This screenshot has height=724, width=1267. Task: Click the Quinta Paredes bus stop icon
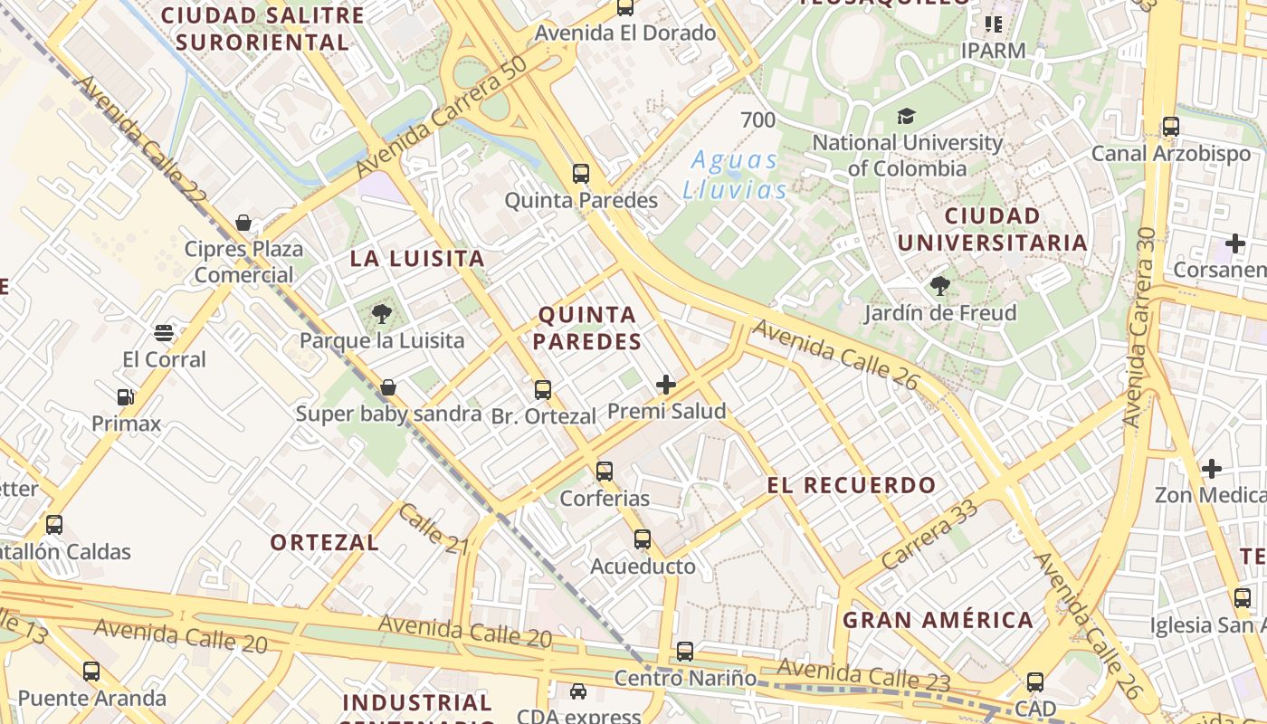[x=581, y=173]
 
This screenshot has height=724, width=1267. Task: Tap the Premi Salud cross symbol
[x=666, y=385]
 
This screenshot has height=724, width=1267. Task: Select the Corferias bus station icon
[x=605, y=472]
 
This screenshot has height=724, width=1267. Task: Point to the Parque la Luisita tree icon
[x=381, y=314]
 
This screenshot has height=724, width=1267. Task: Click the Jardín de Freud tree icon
[x=940, y=287]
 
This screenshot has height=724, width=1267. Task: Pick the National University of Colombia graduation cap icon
[x=906, y=116]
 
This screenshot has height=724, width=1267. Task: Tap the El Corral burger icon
[x=164, y=333]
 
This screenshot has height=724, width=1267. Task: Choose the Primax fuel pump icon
[x=125, y=396]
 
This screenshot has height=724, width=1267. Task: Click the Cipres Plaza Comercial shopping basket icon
[x=243, y=223]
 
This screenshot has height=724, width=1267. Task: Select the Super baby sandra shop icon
[x=388, y=387]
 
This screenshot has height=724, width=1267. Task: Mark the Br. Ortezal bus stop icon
[x=543, y=390]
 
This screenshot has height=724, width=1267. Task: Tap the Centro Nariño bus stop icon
[x=685, y=651]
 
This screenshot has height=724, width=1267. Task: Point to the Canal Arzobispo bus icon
[x=1171, y=127]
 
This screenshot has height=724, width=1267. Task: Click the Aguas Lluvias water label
[x=734, y=175]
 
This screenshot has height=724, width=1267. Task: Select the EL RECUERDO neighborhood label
[x=852, y=485]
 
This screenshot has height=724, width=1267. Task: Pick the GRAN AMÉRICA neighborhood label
[x=938, y=620]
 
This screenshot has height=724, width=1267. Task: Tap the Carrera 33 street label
[x=929, y=535]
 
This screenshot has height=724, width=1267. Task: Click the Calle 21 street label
[x=433, y=529]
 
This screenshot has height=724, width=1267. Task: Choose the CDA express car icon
[x=577, y=691]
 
